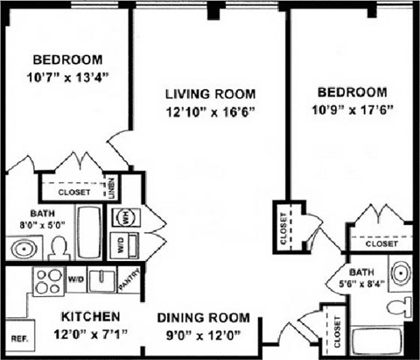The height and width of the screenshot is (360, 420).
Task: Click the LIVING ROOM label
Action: point(210,94)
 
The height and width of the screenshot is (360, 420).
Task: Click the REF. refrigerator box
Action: point(17,338)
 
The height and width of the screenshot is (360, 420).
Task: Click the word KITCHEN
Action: point(90,315)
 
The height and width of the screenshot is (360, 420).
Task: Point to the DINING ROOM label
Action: point(203,318)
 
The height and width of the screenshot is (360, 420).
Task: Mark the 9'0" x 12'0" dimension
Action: point(203,335)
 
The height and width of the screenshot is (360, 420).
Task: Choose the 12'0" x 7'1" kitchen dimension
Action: point(90,333)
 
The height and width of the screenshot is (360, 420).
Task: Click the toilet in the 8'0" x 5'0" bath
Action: point(57,248)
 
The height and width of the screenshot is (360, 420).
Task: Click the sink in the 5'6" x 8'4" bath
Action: point(399,271)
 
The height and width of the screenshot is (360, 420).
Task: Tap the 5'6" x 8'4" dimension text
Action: point(360,284)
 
